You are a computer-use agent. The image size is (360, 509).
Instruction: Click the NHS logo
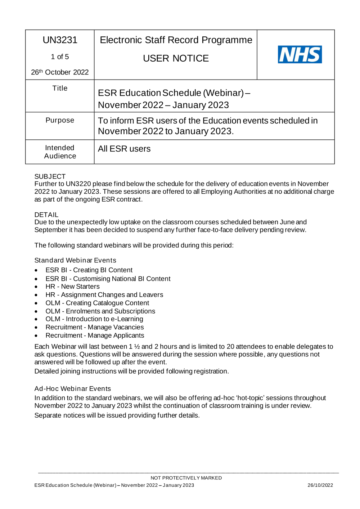click(x=300, y=54)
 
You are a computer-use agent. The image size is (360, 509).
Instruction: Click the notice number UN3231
click(x=60, y=40)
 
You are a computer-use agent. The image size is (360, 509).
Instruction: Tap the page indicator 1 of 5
click(x=60, y=57)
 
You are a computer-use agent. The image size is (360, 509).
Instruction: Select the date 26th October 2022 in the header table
click(x=60, y=72)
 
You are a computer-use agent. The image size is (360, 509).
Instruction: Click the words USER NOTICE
click(x=176, y=58)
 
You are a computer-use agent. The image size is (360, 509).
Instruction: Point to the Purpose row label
click(x=60, y=120)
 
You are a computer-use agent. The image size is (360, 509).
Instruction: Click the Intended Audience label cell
click(x=60, y=152)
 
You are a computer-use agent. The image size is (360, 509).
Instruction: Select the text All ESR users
click(x=124, y=149)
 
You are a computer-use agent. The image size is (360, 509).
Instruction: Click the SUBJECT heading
click(x=50, y=176)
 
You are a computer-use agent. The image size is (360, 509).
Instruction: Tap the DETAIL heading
click(x=46, y=215)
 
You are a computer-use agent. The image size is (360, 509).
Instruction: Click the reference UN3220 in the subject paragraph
click(x=78, y=184)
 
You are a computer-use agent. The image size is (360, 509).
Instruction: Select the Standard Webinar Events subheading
click(x=75, y=260)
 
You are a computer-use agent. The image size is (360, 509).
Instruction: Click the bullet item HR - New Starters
click(x=72, y=287)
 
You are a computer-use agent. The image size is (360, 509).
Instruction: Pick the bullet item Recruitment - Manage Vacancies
click(x=94, y=327)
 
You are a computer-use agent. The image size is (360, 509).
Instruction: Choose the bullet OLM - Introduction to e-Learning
click(x=94, y=319)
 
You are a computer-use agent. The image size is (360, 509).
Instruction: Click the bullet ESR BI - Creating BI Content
click(x=89, y=270)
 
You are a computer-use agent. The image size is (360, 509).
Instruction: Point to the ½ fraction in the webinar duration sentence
click(x=137, y=347)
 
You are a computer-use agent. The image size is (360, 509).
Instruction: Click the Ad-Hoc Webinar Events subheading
click(x=72, y=389)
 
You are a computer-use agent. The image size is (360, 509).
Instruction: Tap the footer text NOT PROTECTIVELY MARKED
click(x=186, y=478)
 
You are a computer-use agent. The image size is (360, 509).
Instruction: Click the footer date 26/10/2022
click(x=320, y=485)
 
